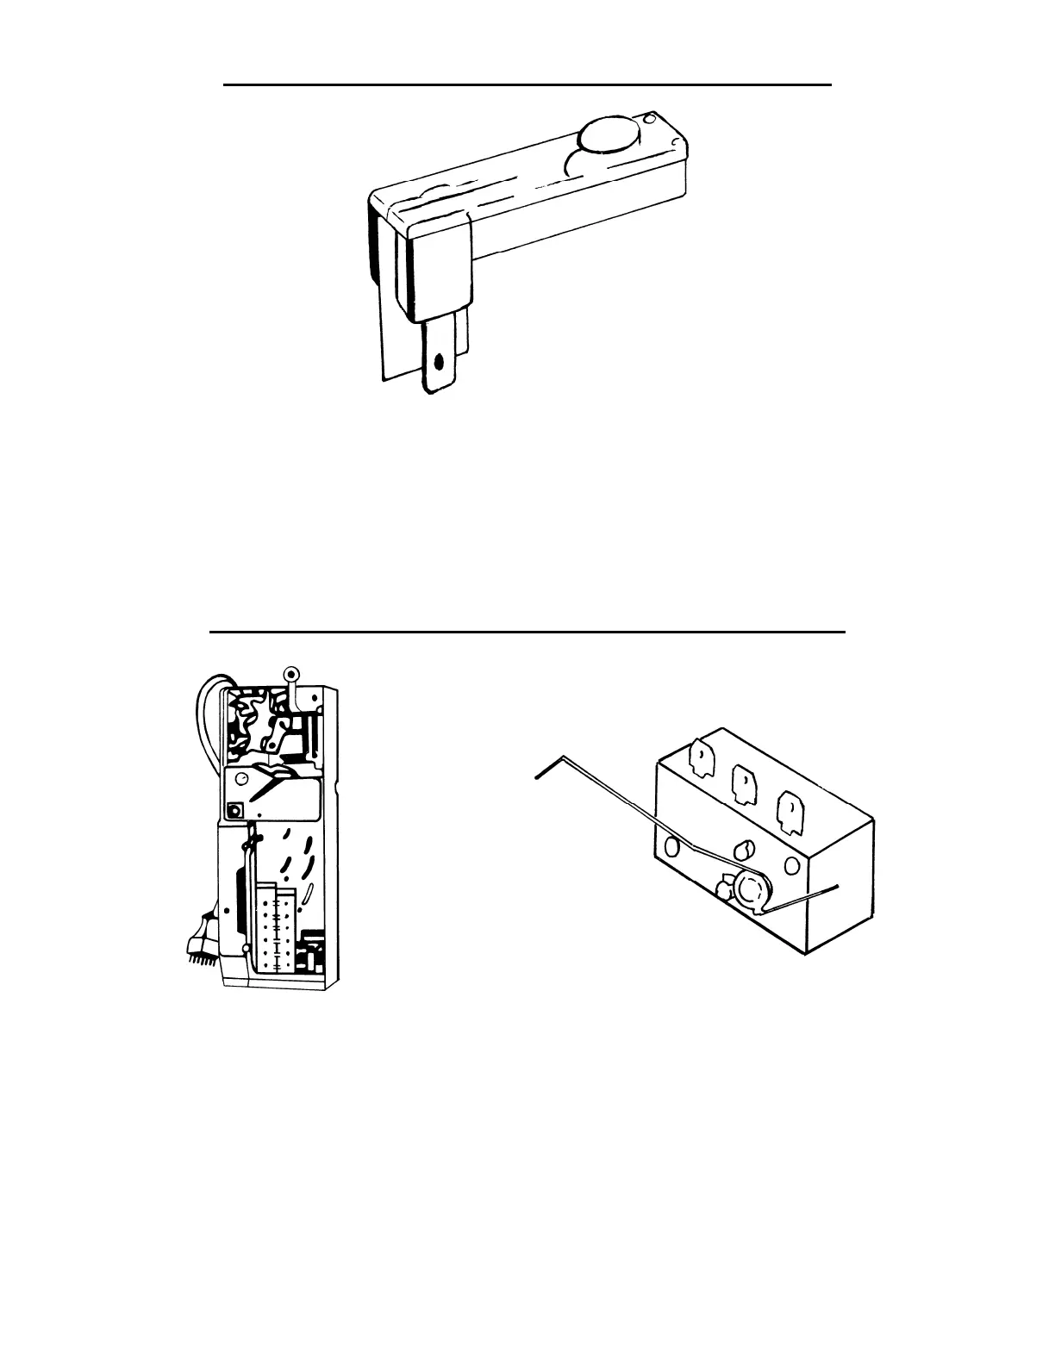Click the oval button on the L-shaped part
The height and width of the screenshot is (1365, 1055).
click(x=610, y=135)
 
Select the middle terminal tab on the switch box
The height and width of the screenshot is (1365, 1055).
click(x=743, y=782)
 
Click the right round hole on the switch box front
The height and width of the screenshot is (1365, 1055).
click(x=789, y=865)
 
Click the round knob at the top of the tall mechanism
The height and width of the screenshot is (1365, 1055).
click(x=290, y=674)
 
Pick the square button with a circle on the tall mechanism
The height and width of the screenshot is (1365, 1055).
click(x=234, y=811)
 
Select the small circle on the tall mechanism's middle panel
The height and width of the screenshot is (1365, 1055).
click(x=244, y=778)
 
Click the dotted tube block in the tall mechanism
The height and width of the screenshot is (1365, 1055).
click(x=276, y=926)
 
